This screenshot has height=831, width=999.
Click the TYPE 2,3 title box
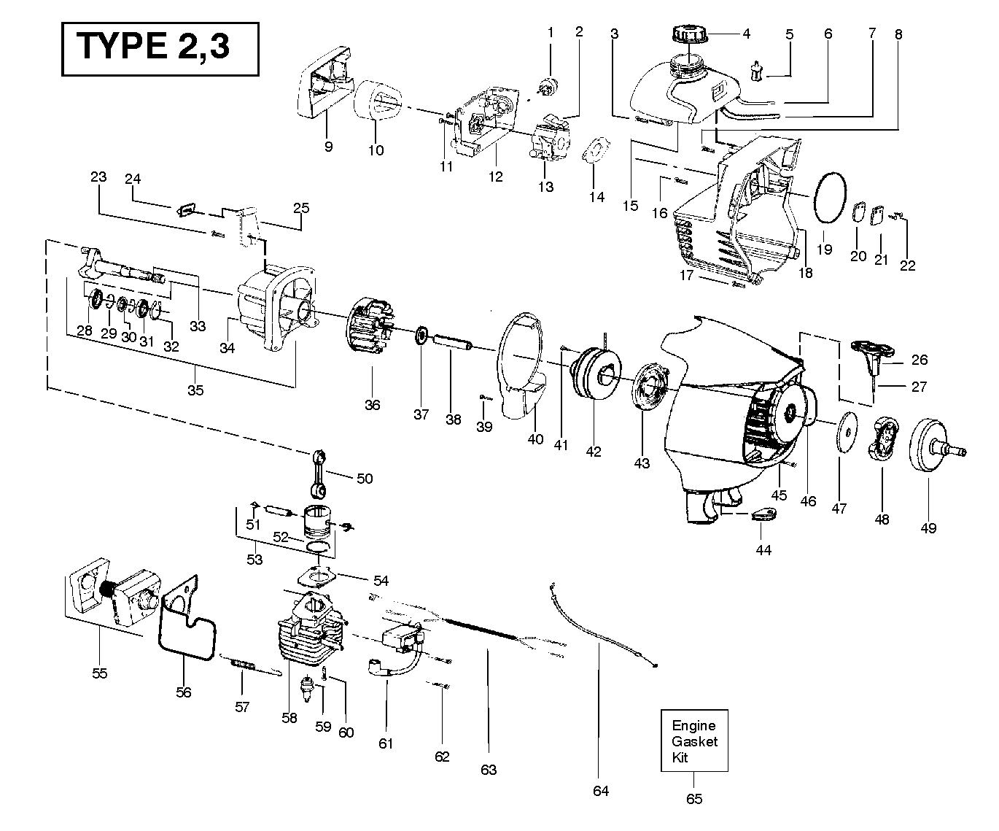tap(160, 48)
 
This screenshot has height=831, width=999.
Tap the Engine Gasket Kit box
tap(693, 741)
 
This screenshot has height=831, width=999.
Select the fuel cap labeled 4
tap(688, 35)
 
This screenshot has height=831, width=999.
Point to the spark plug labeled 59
tap(310, 687)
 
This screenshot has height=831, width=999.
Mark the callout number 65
tap(694, 799)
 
